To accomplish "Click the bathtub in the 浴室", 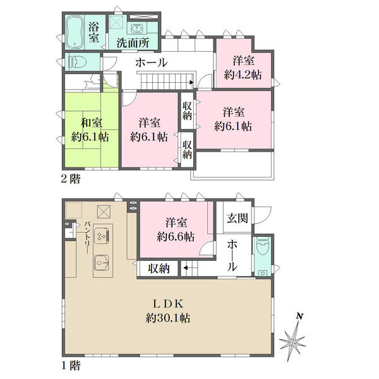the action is tap(75, 32).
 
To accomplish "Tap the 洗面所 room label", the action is tap(133, 43).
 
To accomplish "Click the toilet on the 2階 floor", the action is tap(78, 62).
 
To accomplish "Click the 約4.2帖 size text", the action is tap(243, 75).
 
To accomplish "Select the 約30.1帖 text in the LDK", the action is tap(168, 318).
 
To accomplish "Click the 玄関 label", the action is tap(237, 219).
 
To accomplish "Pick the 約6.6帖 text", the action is tap(176, 237).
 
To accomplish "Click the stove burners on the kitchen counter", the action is tap(103, 236).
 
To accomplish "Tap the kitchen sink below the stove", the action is tap(102, 263).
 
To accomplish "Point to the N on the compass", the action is tap(300, 316).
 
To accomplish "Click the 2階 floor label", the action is tap(70, 179).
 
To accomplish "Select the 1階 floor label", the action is tap(70, 366).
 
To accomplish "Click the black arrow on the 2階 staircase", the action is tap(191, 82).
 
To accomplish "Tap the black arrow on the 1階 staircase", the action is tap(185, 268).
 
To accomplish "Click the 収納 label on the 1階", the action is tap(159, 268).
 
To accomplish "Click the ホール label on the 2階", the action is tap(152, 63).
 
